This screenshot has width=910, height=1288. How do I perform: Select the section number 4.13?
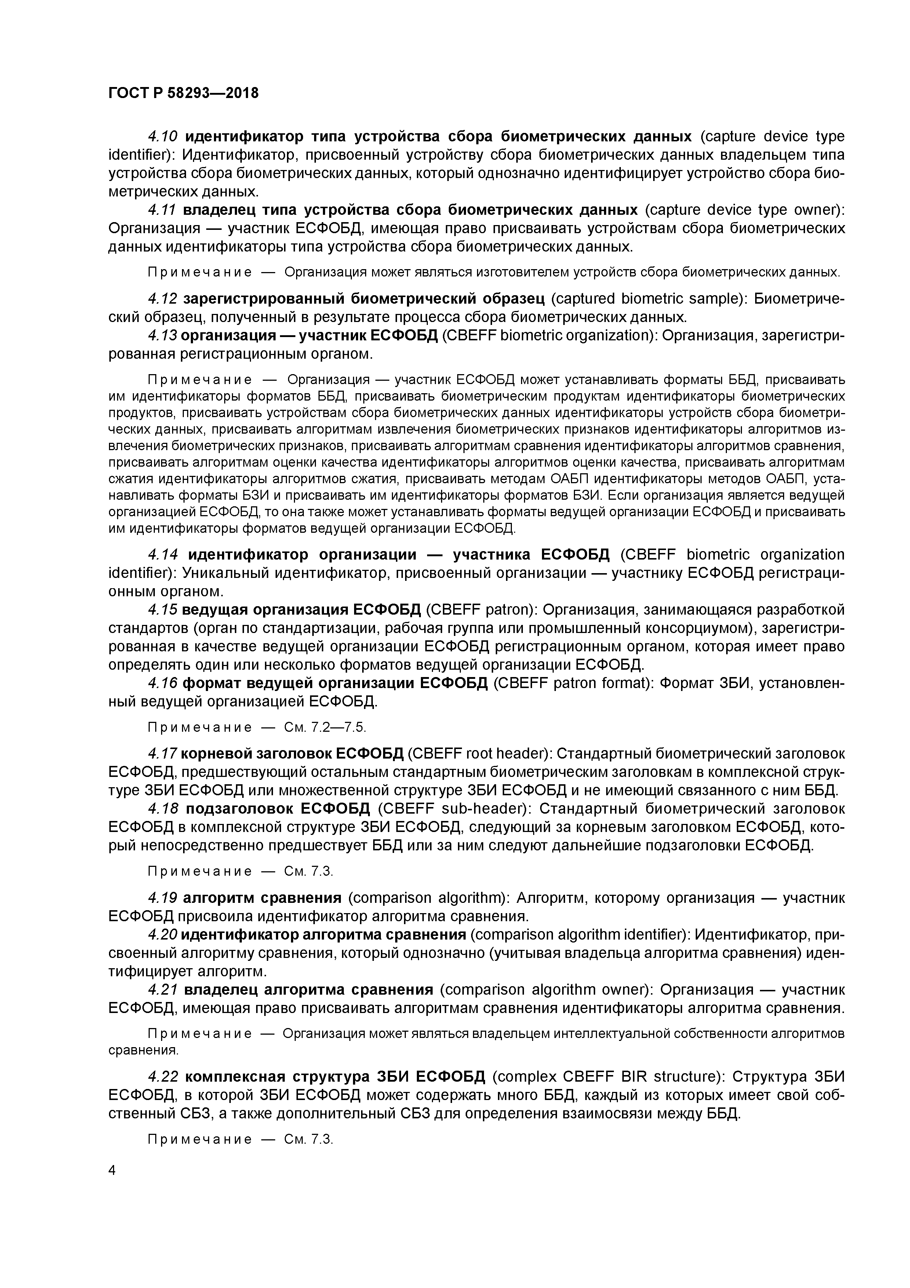pyautogui.click(x=163, y=336)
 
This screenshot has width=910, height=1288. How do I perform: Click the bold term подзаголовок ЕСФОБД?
pyautogui.click(x=277, y=809)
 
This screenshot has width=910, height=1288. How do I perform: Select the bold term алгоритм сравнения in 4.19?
pyautogui.click(x=262, y=898)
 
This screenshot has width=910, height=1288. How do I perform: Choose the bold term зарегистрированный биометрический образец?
pyautogui.click(x=364, y=299)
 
